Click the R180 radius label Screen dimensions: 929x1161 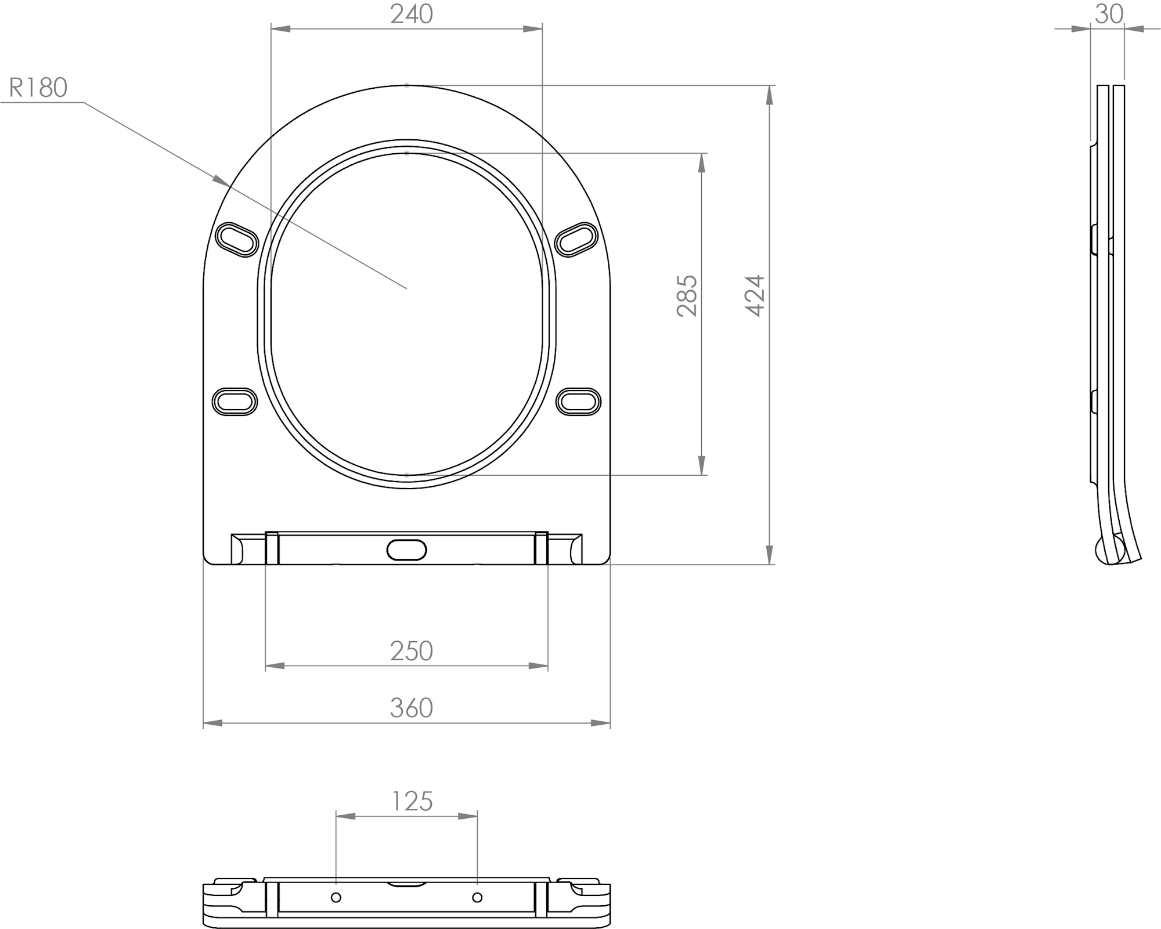click(x=38, y=88)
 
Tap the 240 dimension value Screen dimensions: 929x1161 click(x=411, y=15)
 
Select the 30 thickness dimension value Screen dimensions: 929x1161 click(x=1109, y=15)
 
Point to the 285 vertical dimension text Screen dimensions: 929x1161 click(x=687, y=295)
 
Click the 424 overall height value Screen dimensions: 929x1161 click(x=755, y=295)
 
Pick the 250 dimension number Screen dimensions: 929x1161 click(x=411, y=651)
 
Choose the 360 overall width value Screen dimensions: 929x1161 click(x=411, y=708)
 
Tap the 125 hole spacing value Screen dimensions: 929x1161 click(x=412, y=801)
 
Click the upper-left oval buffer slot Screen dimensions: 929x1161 click(x=237, y=239)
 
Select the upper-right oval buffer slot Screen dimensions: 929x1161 click(x=576, y=239)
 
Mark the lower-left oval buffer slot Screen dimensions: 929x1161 click(x=235, y=402)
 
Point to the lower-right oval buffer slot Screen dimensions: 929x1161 click(x=578, y=402)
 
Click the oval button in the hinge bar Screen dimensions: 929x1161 click(x=406, y=550)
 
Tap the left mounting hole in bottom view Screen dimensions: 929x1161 click(x=336, y=898)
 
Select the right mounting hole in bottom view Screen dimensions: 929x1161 click(x=477, y=898)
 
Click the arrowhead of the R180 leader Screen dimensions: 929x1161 click(x=221, y=180)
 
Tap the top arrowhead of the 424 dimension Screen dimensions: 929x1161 click(x=770, y=95)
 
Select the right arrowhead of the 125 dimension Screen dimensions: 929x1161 click(x=468, y=816)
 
